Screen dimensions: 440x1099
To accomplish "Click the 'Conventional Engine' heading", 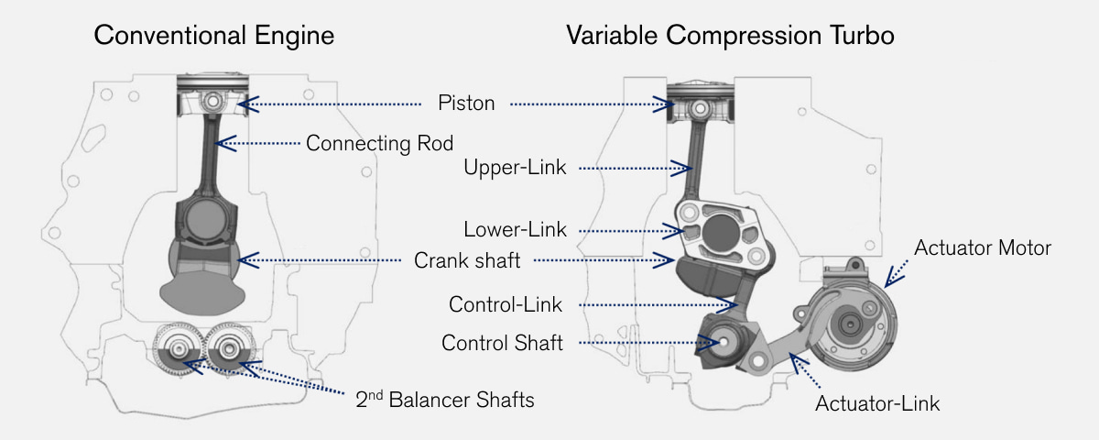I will click(x=214, y=36).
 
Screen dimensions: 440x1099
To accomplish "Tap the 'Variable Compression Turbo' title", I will click(x=730, y=36).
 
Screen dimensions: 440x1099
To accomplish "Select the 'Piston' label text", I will click(x=466, y=103).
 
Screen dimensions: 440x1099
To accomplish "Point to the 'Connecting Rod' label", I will click(x=379, y=143).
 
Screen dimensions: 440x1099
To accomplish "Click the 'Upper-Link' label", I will click(x=515, y=168).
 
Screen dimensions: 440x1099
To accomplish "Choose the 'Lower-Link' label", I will click(x=515, y=229).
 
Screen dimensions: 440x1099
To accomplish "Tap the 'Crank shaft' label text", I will click(x=467, y=260).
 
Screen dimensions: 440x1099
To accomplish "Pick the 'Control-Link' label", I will click(x=505, y=304).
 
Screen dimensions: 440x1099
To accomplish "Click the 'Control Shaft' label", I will click(x=502, y=344).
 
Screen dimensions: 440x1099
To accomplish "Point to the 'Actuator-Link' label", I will click(x=877, y=402).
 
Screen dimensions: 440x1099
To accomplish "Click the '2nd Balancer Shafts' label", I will click(x=444, y=400).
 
